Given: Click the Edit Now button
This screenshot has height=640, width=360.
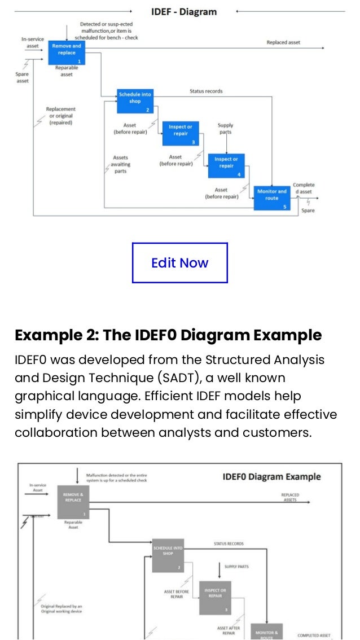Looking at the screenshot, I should pyautogui.click(x=179, y=262).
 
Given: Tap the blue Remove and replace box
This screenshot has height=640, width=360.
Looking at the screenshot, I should pyautogui.click(x=67, y=52).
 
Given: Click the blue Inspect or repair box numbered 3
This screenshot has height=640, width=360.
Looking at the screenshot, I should pyautogui.click(x=181, y=134).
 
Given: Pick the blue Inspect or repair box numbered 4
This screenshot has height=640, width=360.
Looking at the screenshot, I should pyautogui.click(x=226, y=166).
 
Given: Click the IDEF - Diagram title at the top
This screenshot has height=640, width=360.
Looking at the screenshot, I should pyautogui.click(x=183, y=12).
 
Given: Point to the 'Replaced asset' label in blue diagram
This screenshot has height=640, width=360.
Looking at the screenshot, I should pyautogui.click(x=283, y=42).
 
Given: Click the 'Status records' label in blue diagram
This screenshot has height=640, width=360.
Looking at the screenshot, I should pyautogui.click(x=206, y=91).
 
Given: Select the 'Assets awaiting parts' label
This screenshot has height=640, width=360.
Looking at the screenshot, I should pyautogui.click(x=120, y=164).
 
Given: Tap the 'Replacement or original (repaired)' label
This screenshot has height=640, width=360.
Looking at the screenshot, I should pyautogui.click(x=61, y=116).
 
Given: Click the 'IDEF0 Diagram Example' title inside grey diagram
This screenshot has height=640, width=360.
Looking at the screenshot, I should pyautogui.click(x=271, y=477).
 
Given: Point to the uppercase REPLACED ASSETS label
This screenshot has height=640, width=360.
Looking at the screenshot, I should pyautogui.click(x=290, y=497).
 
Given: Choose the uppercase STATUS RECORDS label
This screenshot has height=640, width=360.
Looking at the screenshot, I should pyautogui.click(x=229, y=544).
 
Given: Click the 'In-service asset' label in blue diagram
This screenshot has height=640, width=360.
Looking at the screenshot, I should pyautogui.click(x=33, y=42).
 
